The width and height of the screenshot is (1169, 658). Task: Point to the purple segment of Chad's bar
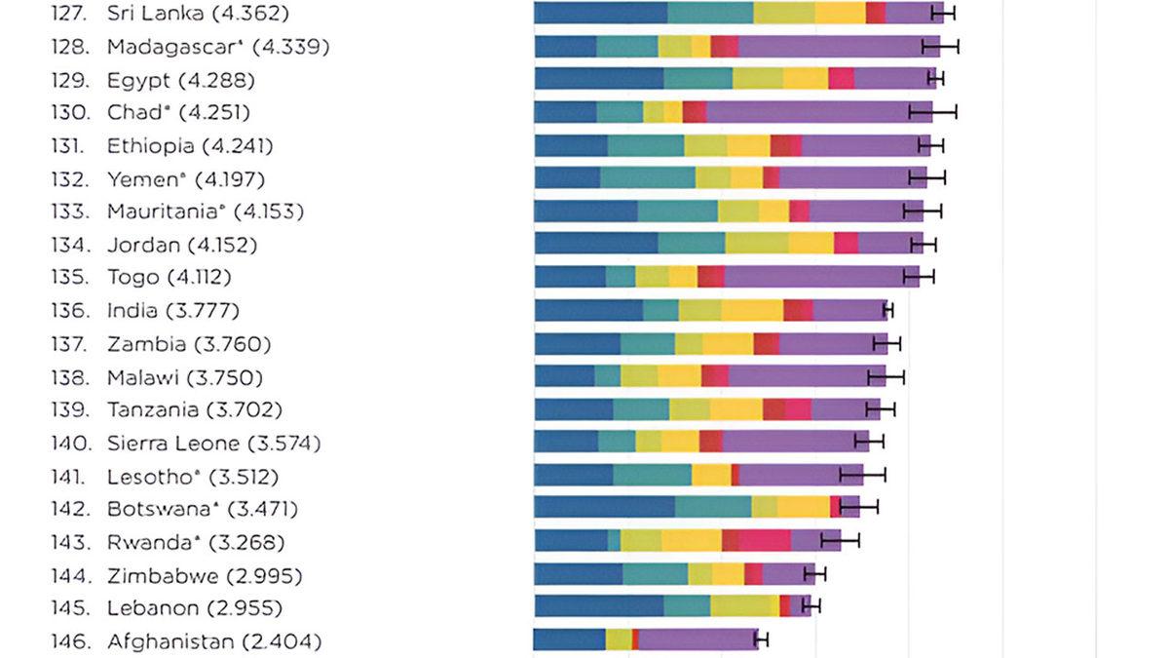click(809, 112)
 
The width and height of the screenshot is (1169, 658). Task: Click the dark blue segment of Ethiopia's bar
click(571, 146)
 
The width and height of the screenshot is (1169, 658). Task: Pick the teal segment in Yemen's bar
click(648, 178)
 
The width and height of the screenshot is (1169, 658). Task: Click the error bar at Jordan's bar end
click(924, 244)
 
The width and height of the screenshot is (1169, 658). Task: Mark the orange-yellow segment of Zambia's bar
click(728, 343)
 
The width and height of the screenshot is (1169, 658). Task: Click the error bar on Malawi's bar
click(886, 376)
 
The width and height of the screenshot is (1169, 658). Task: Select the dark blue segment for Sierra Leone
click(566, 442)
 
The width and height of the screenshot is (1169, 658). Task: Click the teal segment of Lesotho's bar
click(653, 475)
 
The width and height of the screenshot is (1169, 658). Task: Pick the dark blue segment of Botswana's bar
click(604, 508)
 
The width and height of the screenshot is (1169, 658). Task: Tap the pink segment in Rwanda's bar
click(765, 541)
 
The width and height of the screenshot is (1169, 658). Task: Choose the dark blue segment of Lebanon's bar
click(598, 607)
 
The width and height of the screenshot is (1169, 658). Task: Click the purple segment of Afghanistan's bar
click(698, 640)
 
